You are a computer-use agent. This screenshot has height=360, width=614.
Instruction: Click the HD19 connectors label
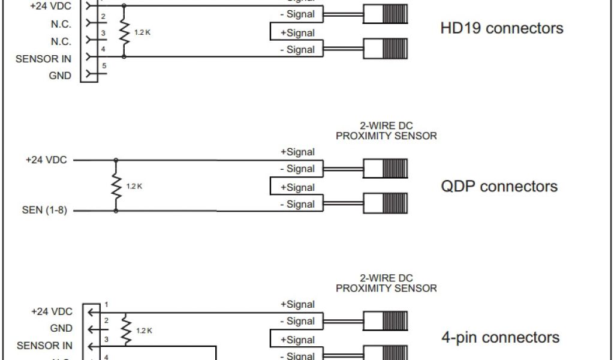coord(502,28)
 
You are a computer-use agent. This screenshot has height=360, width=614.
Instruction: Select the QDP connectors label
coord(499,186)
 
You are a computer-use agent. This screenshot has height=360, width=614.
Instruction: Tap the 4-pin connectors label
coord(500,338)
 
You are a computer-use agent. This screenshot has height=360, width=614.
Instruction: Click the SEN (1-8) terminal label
coord(44,211)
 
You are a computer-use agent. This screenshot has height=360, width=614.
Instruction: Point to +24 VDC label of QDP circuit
coord(46,160)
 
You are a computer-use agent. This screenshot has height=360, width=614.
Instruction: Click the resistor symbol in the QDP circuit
coord(116,185)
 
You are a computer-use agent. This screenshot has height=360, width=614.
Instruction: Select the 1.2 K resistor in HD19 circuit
coord(124,32)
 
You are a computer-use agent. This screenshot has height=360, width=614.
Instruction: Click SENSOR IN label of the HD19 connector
coord(43,59)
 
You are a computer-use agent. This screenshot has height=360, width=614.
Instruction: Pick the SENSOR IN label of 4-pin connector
coord(44,346)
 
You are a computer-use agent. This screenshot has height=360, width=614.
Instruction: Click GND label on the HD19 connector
coord(60,76)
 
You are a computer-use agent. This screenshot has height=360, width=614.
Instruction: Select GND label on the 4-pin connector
coord(61,329)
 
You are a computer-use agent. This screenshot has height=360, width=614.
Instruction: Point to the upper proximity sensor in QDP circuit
coord(385,169)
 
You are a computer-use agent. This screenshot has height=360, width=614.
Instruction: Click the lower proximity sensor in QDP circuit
coord(385,203)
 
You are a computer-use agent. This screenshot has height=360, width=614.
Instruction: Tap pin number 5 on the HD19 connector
coord(104,65)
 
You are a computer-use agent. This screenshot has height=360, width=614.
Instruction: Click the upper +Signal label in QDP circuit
coord(297,152)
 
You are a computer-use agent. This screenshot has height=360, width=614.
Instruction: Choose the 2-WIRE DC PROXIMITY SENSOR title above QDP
coord(386,131)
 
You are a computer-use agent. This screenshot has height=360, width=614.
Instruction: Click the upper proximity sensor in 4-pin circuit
coord(385,321)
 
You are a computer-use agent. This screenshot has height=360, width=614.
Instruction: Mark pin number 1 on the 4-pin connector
coord(106,304)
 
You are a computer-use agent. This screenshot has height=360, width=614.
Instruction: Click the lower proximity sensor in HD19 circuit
coord(385,49)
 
